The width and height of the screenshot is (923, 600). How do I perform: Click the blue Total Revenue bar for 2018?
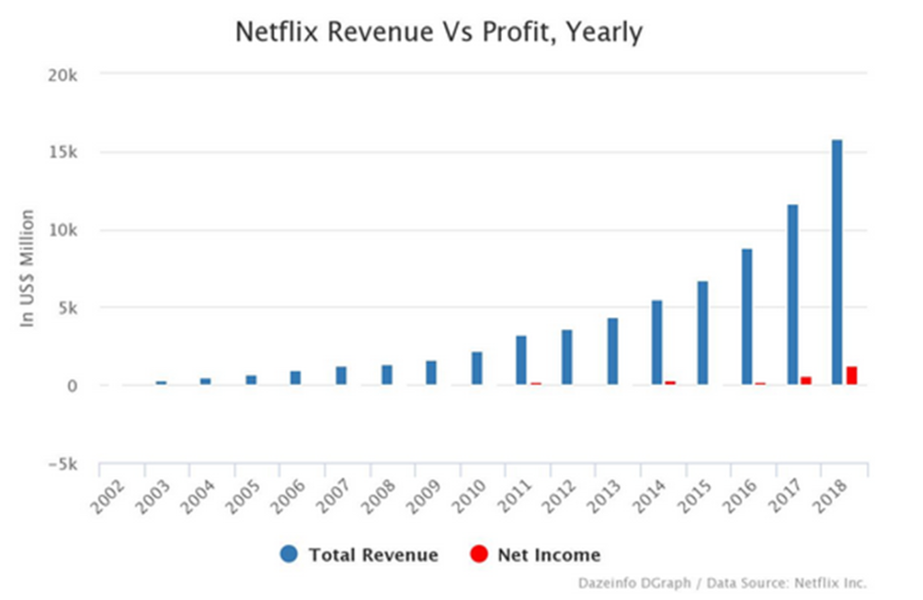pos(837,262)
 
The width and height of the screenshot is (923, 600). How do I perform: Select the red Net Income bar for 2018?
pos(851,376)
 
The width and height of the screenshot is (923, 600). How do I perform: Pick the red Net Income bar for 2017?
pos(806,380)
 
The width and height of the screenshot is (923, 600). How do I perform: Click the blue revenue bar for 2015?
pos(702,333)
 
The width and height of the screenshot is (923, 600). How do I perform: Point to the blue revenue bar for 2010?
pos(477,368)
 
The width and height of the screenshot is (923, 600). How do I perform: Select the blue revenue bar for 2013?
pos(612,351)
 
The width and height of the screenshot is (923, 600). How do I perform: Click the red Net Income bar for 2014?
pos(671,383)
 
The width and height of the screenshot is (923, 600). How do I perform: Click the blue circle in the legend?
pos(288,554)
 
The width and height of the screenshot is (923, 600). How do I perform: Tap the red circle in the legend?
pos(479,554)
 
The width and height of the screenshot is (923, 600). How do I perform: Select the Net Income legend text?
pos(549,555)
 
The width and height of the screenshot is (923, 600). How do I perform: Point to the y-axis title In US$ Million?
pos(28,268)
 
